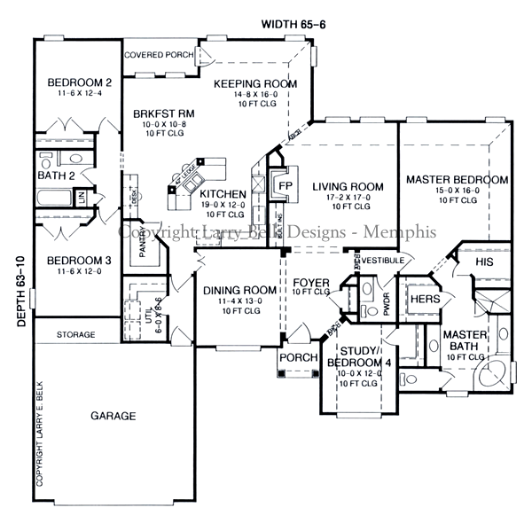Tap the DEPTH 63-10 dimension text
[20, 293]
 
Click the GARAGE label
[113, 415]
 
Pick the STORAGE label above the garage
[76, 335]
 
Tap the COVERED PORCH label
[160, 55]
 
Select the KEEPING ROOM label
[255, 84]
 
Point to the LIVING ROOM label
[348, 186]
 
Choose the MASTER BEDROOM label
[457, 180]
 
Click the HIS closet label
[484, 262]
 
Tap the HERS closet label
[419, 300]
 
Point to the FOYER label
[310, 284]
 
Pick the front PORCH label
[293, 357]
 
